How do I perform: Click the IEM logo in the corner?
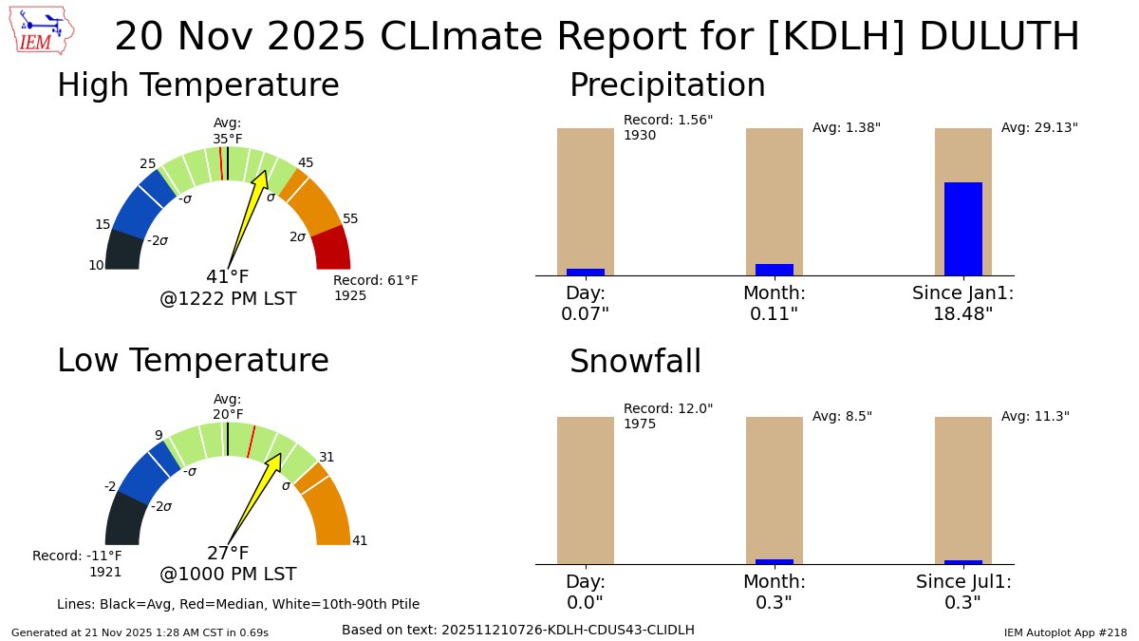[44, 31]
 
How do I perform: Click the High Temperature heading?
[197, 85]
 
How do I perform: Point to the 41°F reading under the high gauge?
[228, 277]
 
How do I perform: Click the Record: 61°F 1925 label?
[375, 288]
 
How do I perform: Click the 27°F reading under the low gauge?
[228, 554]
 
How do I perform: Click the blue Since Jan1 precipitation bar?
[962, 228]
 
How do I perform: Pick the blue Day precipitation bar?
[585, 272]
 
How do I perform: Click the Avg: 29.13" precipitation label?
[1039, 127]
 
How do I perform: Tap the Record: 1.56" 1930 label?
[667, 127]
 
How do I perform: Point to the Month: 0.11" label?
[774, 303]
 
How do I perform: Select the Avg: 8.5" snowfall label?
[842, 416]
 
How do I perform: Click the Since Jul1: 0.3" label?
[963, 592]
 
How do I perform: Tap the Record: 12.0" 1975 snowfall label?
[667, 416]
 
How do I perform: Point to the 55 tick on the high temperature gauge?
[350, 219]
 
